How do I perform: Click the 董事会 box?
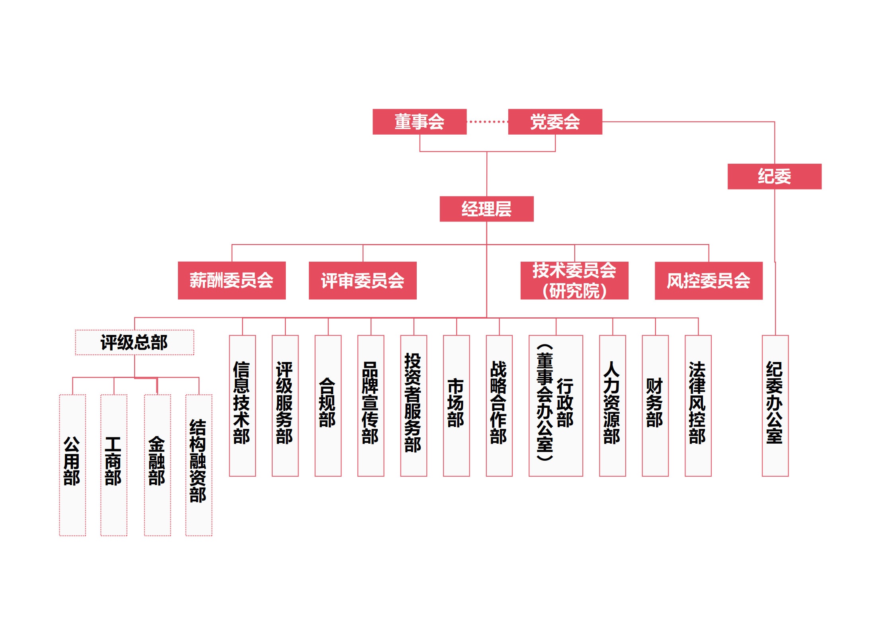(419, 121)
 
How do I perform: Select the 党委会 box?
(554, 121)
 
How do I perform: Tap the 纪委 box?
(774, 176)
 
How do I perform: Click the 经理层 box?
(486, 209)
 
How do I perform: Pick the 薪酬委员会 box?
(231, 280)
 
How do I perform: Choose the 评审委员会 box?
(362, 280)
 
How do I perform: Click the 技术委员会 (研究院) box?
(574, 280)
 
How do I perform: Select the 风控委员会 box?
(708, 280)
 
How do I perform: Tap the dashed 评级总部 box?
(134, 342)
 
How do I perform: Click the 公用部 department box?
(72, 464)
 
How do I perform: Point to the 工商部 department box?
(113, 464)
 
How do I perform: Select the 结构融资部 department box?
(199, 464)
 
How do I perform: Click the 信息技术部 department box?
(242, 405)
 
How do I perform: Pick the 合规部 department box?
(328, 405)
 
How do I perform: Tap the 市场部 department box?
(456, 405)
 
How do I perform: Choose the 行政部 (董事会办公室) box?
(555, 405)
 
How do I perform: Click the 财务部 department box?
(655, 405)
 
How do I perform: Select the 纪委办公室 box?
(775, 405)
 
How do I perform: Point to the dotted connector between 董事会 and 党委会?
(487, 121)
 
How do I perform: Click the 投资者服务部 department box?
(413, 405)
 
